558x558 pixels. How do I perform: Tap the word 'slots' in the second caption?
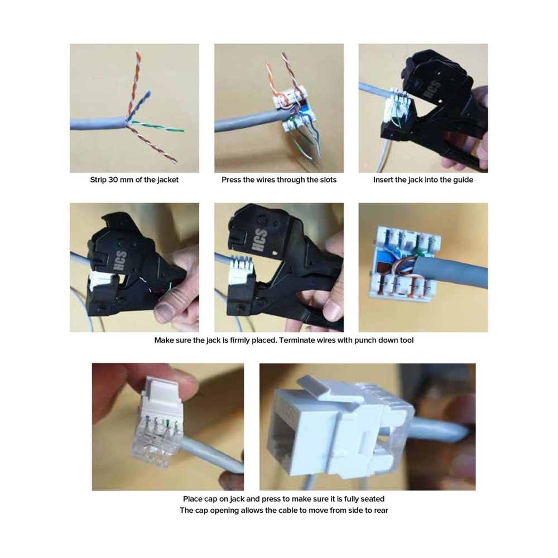pos(326,180)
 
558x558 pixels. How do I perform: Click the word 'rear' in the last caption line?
pos(379,510)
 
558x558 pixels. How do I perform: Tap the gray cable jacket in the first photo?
pos(95,123)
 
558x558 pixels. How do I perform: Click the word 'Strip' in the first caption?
pos(99,180)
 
